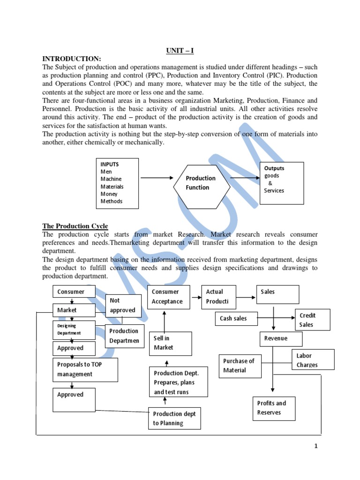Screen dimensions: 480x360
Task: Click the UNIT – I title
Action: point(180,51)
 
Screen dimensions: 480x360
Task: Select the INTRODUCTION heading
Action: point(72,59)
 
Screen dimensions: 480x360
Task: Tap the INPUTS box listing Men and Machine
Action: point(118,183)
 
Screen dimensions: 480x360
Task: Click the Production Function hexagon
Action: point(202,183)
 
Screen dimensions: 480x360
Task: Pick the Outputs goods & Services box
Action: point(281,182)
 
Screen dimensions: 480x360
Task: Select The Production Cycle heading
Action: point(75,226)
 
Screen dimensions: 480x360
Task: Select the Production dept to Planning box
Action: point(175,418)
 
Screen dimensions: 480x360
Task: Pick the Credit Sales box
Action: point(312,320)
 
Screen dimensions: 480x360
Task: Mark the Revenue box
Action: point(280,338)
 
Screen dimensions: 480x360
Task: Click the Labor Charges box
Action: point(313,360)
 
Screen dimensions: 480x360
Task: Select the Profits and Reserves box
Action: point(274,408)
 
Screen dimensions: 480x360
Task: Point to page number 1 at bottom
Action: point(316,446)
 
